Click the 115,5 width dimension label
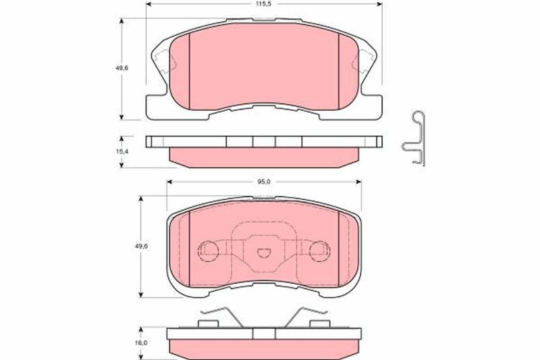[264, 4]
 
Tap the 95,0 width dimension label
[264, 182]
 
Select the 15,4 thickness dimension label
[122, 151]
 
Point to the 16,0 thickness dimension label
[141, 342]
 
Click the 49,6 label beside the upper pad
[122, 68]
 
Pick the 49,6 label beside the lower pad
[141, 247]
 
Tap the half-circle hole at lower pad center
[264, 253]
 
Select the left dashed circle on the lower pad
[209, 251]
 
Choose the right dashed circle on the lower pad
[319, 251]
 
